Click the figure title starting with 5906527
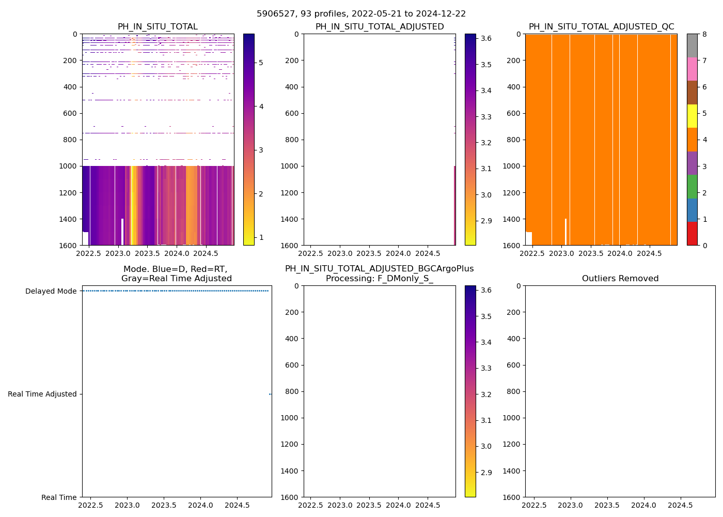361,14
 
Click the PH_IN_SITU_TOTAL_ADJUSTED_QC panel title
601,27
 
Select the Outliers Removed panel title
620,279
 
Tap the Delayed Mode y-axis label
51,291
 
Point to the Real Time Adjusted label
42,394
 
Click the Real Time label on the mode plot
59,497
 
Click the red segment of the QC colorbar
692,234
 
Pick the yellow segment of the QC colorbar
692,116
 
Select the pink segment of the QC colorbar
692,69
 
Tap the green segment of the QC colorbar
692,187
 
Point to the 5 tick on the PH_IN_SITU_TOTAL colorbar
261,63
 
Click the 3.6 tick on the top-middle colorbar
485,39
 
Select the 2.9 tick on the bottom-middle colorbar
485,473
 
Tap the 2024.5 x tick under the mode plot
237,505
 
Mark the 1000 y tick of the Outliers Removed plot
512,418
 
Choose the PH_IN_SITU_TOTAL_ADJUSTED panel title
380,27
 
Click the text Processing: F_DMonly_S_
380,279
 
